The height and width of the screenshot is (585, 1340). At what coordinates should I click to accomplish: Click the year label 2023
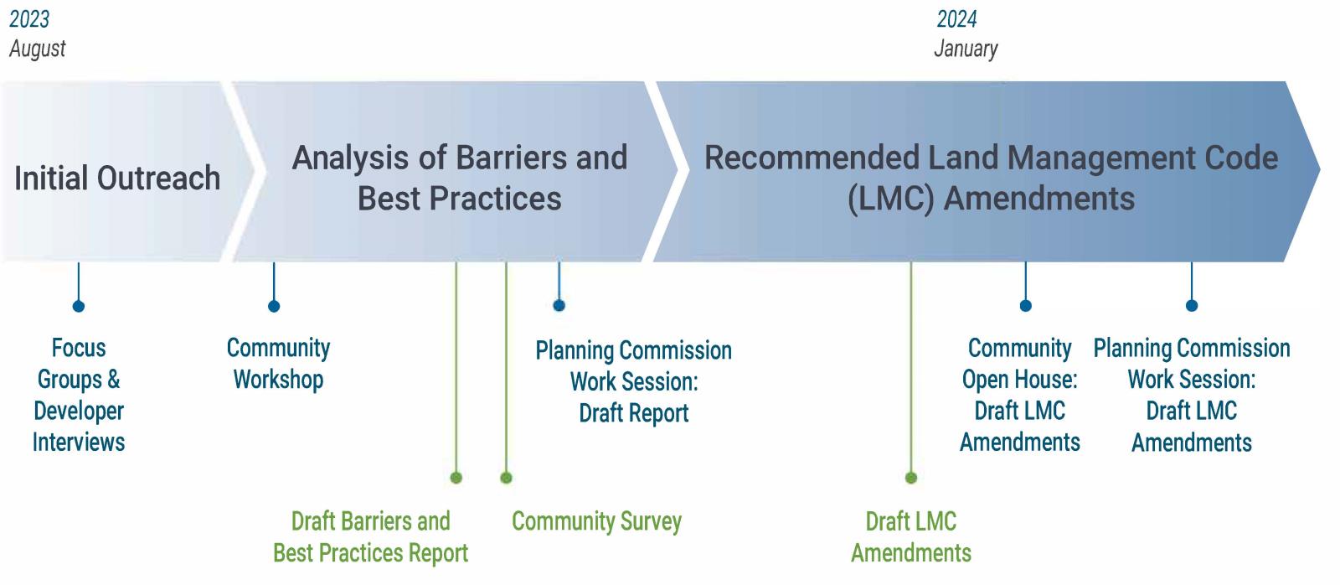(x=29, y=19)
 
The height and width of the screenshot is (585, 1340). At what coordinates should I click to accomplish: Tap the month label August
(x=37, y=49)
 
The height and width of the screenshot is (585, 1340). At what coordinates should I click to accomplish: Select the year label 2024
(x=956, y=19)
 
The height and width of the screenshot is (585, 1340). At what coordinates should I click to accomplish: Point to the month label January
(x=966, y=49)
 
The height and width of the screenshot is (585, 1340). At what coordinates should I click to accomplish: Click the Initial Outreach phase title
(x=117, y=178)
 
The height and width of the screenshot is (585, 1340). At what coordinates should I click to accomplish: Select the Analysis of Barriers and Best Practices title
(x=460, y=178)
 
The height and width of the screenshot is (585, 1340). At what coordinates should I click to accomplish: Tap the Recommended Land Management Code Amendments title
(x=992, y=178)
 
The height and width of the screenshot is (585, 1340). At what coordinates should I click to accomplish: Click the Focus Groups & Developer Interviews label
(x=79, y=396)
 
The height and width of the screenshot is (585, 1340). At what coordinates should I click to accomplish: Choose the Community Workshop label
(x=278, y=364)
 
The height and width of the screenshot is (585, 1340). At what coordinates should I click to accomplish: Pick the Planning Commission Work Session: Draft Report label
(x=633, y=381)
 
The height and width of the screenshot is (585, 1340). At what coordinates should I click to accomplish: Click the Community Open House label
(x=1020, y=396)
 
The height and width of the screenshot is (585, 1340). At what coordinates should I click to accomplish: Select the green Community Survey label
(x=596, y=521)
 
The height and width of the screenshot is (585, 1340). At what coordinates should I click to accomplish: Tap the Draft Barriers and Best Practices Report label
(x=371, y=537)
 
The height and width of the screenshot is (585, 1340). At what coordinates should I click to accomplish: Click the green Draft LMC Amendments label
(x=911, y=537)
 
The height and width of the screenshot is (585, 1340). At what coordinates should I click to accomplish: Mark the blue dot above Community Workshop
(x=274, y=307)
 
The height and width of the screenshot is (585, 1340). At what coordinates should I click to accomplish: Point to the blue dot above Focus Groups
(x=79, y=307)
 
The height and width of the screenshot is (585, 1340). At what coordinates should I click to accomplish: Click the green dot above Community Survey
(x=506, y=478)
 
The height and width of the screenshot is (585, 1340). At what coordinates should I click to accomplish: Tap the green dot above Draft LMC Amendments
(x=911, y=478)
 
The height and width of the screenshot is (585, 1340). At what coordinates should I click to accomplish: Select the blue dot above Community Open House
(x=1025, y=306)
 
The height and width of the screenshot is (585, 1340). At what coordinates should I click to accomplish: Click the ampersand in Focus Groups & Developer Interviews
(x=114, y=380)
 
